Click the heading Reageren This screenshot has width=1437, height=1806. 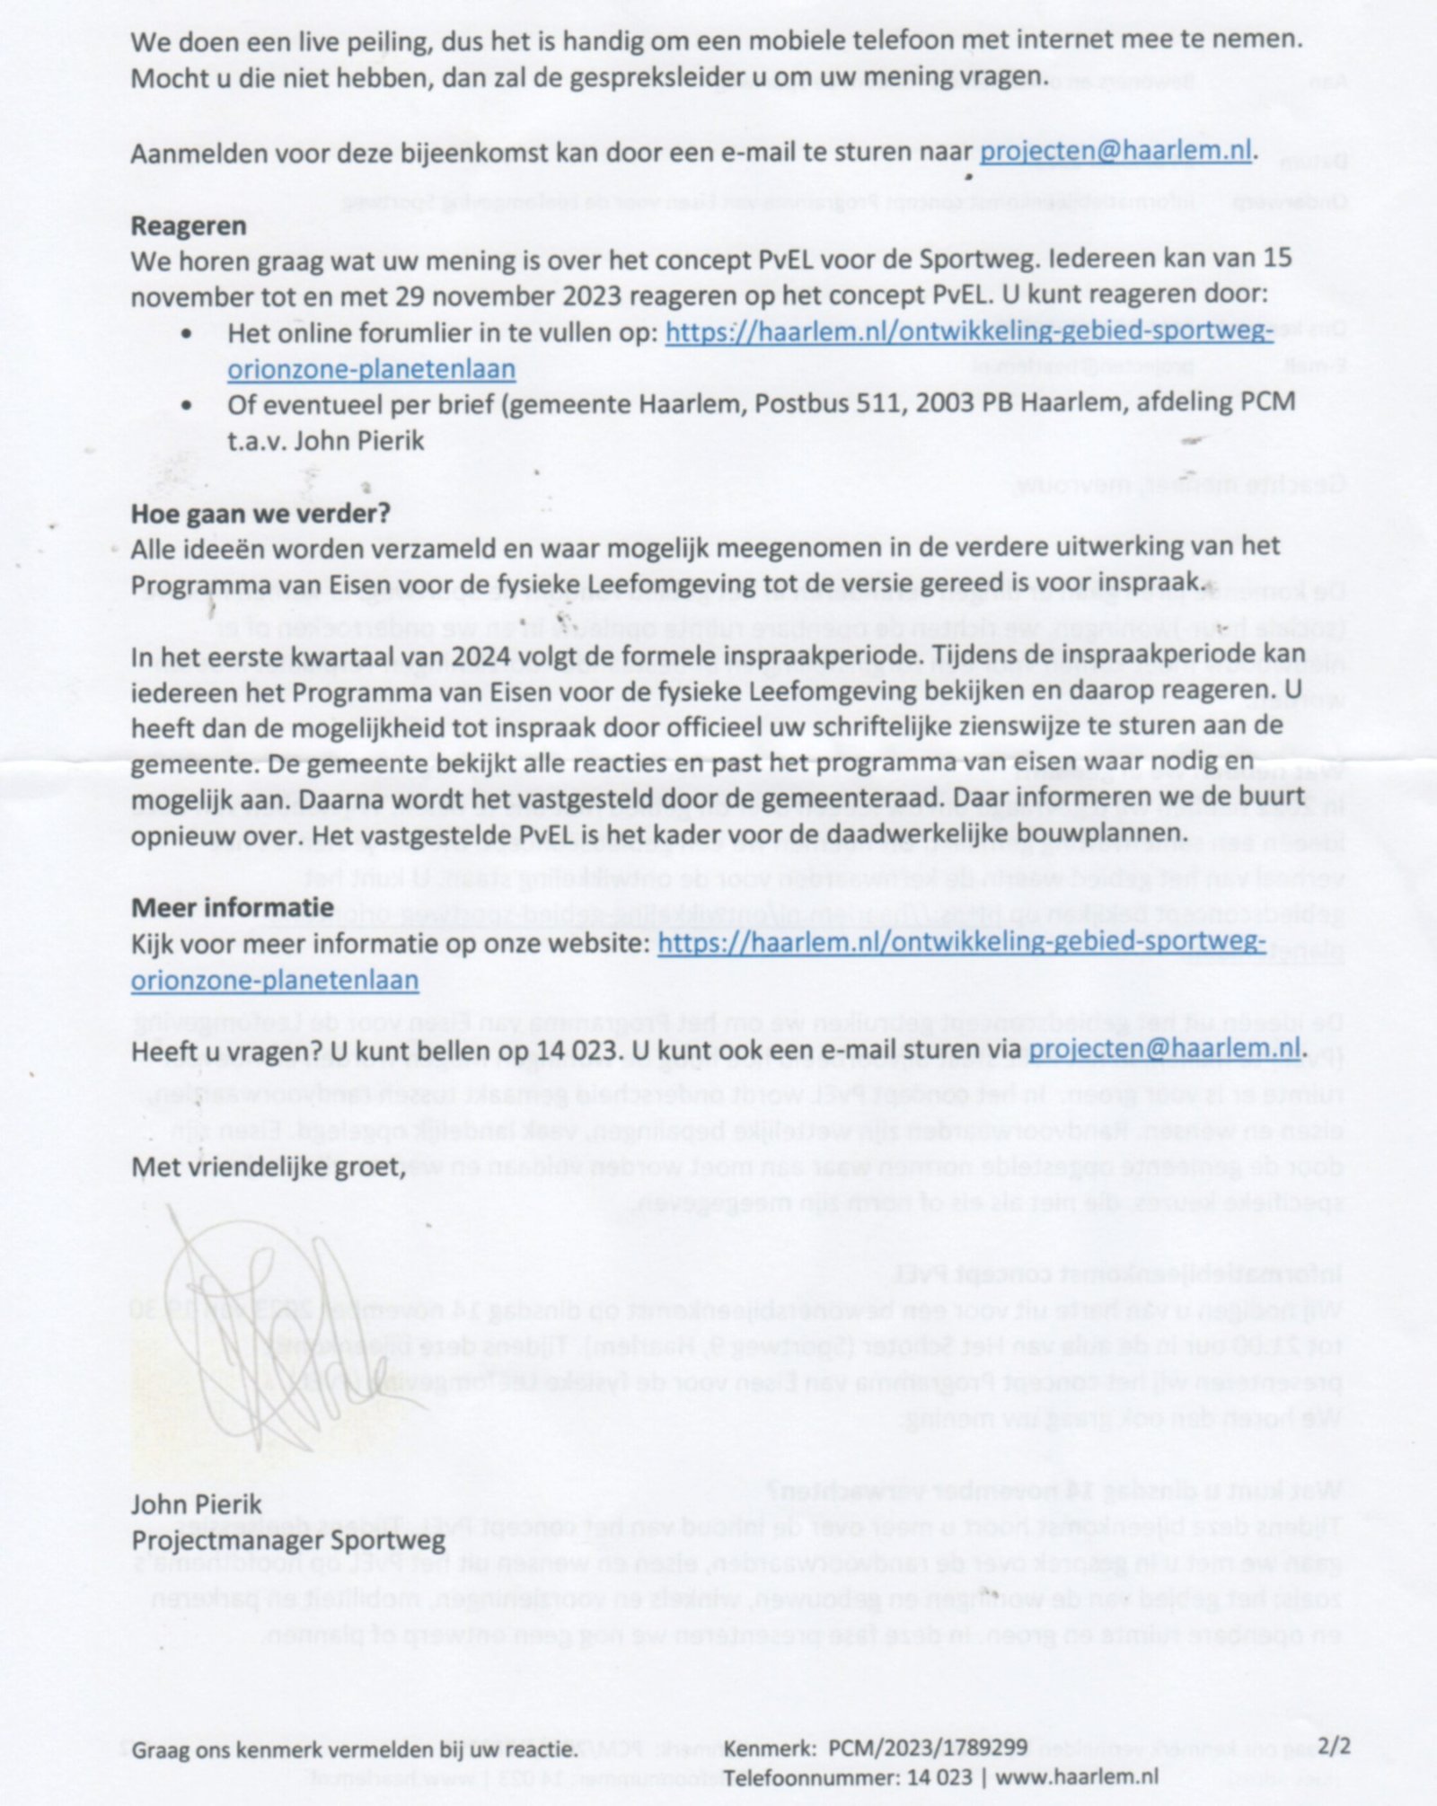click(x=189, y=225)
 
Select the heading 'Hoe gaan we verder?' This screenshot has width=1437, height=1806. click(x=260, y=514)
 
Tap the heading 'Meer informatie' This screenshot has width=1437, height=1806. click(x=232, y=907)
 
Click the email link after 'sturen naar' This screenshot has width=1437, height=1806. click(x=1115, y=152)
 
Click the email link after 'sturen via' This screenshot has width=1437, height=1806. click(x=1164, y=1049)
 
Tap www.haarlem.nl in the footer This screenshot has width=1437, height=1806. click(x=1077, y=1776)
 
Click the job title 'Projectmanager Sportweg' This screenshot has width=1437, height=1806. click(x=288, y=1541)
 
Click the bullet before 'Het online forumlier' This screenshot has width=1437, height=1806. click(x=187, y=333)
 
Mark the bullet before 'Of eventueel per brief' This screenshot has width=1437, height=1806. click(x=187, y=405)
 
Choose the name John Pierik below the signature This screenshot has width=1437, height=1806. click(x=197, y=1504)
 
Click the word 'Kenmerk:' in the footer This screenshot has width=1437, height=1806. click(x=770, y=1748)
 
